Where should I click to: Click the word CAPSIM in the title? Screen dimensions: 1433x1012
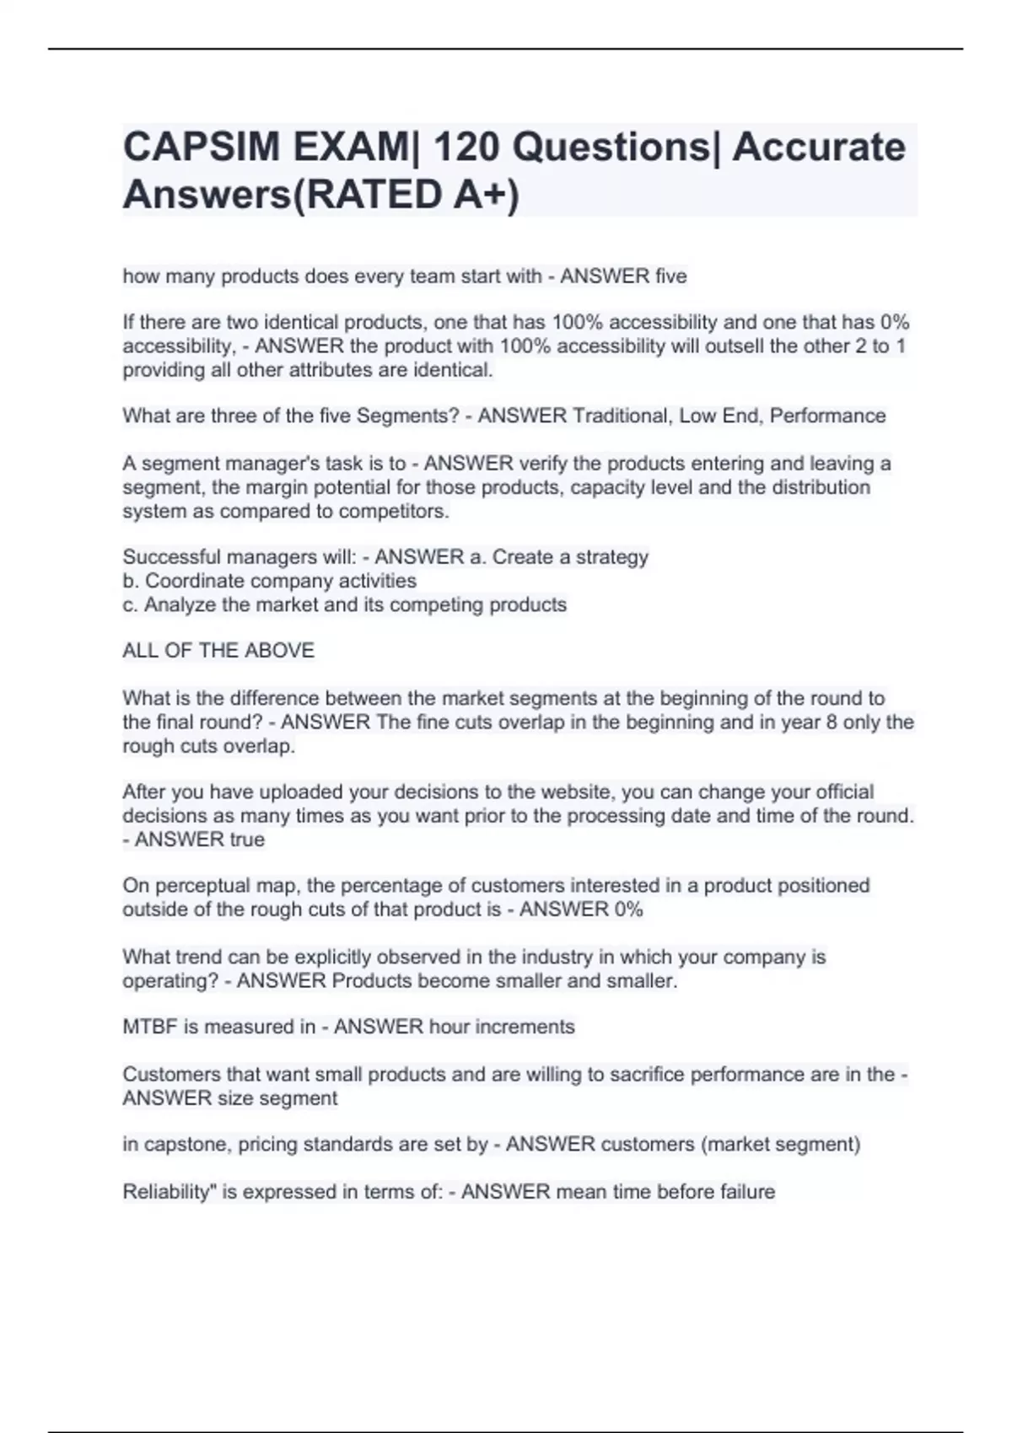pyautogui.click(x=201, y=148)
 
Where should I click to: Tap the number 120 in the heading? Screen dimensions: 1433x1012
pyautogui.click(x=463, y=148)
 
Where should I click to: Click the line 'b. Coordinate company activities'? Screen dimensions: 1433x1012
pyautogui.click(x=270, y=581)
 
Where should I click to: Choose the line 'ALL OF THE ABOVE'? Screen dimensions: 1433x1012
pyautogui.click(x=218, y=651)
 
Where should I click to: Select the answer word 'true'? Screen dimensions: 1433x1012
pyautogui.click(x=247, y=840)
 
